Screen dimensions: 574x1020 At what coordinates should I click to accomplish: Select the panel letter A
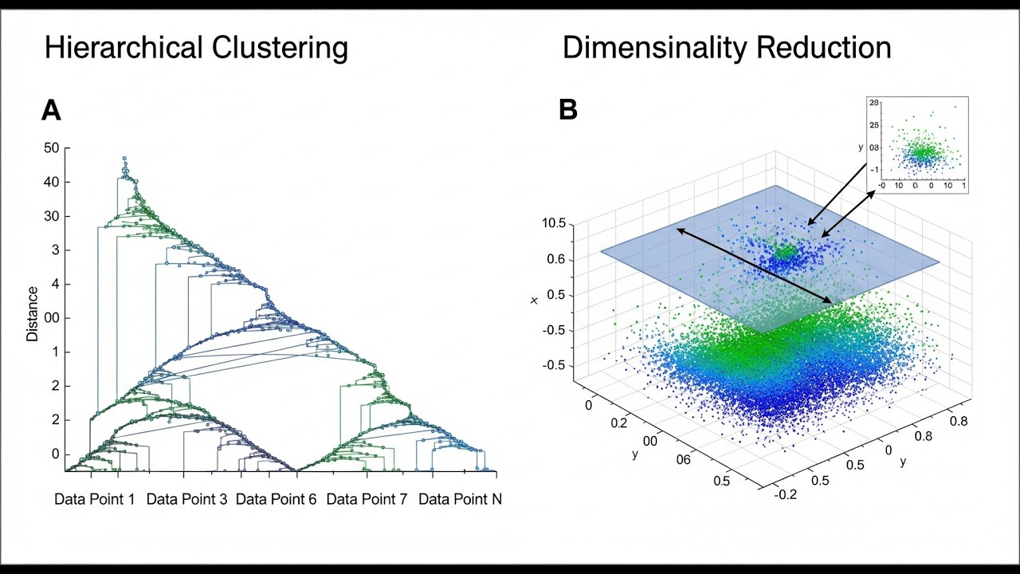pos(51,110)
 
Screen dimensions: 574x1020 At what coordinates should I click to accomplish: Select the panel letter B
pos(567,110)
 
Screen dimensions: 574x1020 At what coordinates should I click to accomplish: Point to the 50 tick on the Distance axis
pos(52,147)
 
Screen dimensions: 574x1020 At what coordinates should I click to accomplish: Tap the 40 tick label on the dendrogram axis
pos(52,182)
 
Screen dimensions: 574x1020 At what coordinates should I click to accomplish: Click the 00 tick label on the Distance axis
pos(52,318)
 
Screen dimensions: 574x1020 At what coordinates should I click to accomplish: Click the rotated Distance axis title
pos(33,313)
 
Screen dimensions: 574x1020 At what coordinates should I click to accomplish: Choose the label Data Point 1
pos(94,500)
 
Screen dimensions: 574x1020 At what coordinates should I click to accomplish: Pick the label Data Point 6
pos(276,500)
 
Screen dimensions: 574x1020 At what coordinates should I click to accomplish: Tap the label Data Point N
pos(460,500)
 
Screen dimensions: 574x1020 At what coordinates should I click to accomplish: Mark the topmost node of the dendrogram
pos(124,159)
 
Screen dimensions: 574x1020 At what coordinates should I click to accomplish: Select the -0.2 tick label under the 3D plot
pos(786,494)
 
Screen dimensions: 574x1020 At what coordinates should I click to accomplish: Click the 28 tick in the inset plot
pos(874,103)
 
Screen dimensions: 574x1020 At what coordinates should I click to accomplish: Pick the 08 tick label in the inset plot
pos(873,147)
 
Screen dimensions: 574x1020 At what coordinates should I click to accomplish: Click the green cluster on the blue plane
pos(786,252)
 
